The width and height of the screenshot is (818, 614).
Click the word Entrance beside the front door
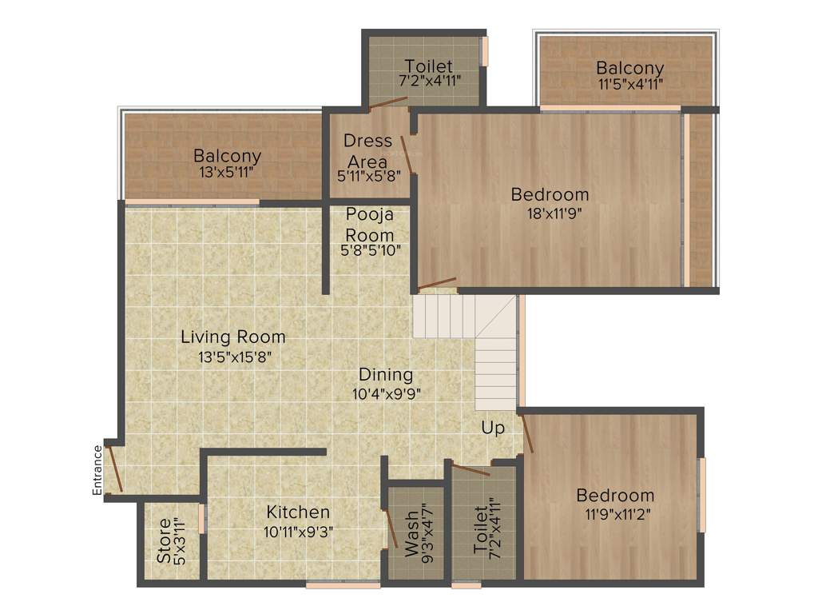pyautogui.click(x=97, y=470)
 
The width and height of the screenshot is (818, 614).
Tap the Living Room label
pyautogui.click(x=232, y=337)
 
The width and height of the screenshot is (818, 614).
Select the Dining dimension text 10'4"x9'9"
pyautogui.click(x=386, y=393)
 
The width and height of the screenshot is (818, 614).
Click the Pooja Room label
pyautogui.click(x=370, y=225)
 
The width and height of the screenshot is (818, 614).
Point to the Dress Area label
pyautogui.click(x=367, y=151)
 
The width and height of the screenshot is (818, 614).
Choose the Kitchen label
pyautogui.click(x=298, y=512)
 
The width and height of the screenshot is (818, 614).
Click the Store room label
pyautogui.click(x=164, y=541)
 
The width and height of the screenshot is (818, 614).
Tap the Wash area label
pyautogui.click(x=411, y=542)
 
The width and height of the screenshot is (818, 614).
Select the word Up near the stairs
pyautogui.click(x=493, y=429)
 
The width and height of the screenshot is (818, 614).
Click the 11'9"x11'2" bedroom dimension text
pyautogui.click(x=615, y=514)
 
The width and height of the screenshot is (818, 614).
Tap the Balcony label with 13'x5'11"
pyautogui.click(x=227, y=156)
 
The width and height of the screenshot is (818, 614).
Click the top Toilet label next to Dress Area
pyautogui.click(x=428, y=66)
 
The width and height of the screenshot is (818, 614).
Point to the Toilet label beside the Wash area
pyautogui.click(x=480, y=530)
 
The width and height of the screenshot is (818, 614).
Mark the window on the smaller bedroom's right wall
pyautogui.click(x=702, y=494)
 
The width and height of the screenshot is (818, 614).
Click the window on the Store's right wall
pyautogui.click(x=202, y=518)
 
